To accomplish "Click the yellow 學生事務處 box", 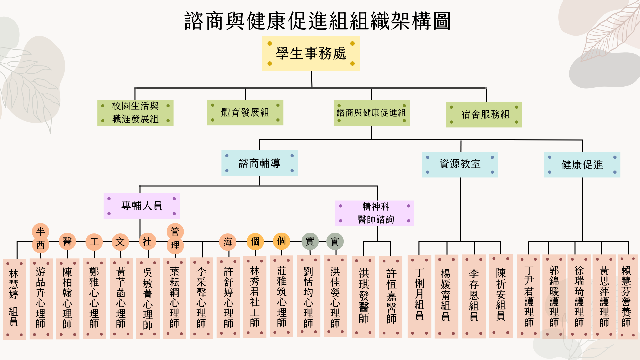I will click(311, 53).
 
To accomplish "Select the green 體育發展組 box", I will click(245, 112).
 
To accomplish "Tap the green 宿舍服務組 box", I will click(484, 114).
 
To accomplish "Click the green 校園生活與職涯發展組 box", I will click(135, 113).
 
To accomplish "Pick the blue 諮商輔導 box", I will click(259, 163).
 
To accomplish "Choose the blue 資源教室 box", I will click(460, 164).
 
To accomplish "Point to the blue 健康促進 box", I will click(582, 165).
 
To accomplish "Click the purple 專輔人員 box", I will click(142, 206).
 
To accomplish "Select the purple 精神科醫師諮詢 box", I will click(375, 213).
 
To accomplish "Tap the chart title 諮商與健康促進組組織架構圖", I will click(317, 21).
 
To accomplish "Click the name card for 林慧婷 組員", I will click(14, 299).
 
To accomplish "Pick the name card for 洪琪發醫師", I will click(363, 297).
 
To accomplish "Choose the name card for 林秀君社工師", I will click(255, 297).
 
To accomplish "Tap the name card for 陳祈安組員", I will click(501, 296).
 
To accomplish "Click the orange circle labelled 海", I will click(228, 242).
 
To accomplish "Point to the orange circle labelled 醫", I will click(67, 241).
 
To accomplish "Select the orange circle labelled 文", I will click(120, 242).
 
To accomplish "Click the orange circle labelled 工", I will click(94, 242).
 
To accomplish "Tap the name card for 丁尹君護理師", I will click(529, 296).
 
